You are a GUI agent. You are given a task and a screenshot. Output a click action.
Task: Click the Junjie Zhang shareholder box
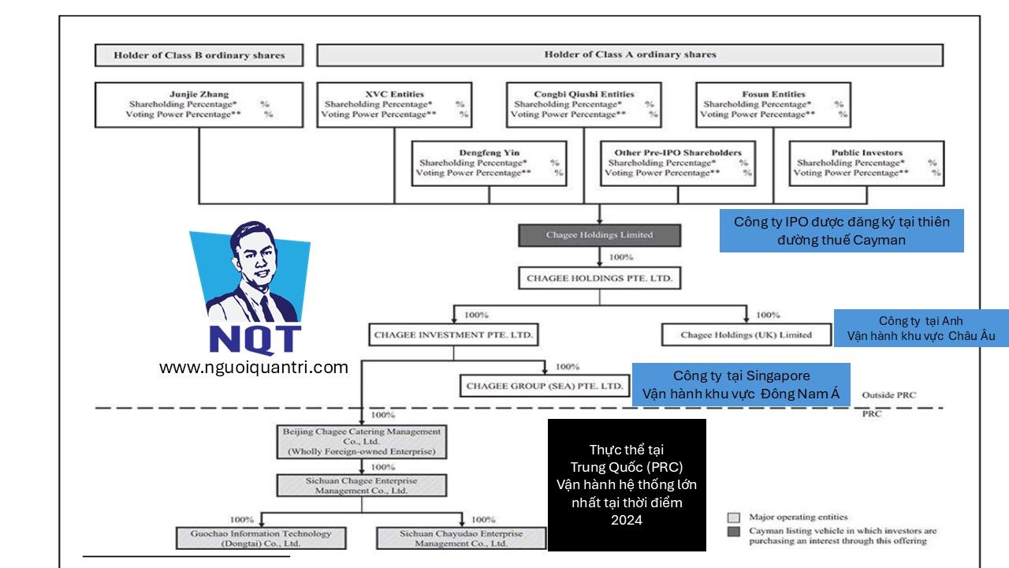tap(199, 105)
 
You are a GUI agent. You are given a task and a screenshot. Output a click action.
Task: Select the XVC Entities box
tap(394, 105)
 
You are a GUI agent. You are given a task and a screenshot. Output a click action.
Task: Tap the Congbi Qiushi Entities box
tap(583, 105)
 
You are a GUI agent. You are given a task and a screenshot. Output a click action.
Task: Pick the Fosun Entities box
tap(773, 105)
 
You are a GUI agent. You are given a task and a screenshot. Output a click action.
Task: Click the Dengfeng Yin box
tap(490, 163)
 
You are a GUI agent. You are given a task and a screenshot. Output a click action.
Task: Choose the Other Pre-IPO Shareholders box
tap(677, 163)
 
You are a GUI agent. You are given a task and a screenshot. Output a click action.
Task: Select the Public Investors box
tap(866, 163)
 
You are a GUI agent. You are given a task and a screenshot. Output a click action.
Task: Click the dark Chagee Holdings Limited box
tap(599, 235)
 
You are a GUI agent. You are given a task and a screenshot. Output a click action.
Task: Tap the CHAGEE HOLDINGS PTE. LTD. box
tap(599, 278)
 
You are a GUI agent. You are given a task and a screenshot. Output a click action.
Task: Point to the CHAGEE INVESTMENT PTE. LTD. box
tap(453, 335)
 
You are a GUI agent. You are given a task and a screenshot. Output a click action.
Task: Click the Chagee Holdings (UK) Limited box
tap(746, 335)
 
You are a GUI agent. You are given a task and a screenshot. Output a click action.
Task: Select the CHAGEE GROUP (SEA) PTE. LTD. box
tap(545, 386)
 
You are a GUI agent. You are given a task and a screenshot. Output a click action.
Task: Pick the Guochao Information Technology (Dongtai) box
tap(261, 539)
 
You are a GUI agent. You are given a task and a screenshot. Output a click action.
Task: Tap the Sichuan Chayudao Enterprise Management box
tap(461, 539)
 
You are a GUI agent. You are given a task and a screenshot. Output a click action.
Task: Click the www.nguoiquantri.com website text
tap(253, 367)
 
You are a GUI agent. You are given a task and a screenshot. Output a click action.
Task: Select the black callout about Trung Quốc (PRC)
tap(627, 484)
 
